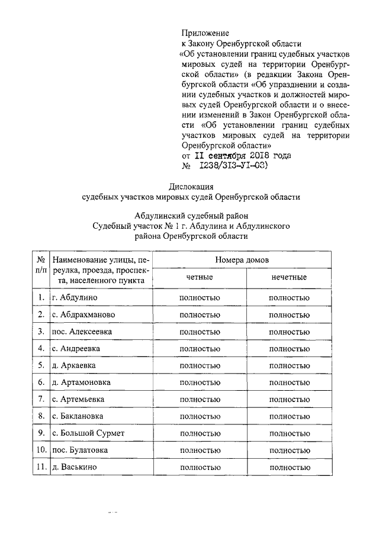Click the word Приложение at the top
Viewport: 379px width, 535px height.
click(205, 33)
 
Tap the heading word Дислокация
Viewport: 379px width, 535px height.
click(191, 186)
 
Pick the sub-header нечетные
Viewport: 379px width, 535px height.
click(289, 277)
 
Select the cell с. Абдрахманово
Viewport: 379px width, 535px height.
click(83, 314)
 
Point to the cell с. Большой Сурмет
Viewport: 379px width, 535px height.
click(88, 433)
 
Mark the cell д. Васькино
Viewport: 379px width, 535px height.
click(75, 468)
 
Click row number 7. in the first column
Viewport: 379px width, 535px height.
click(41, 399)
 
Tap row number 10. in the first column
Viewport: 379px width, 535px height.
click(41, 450)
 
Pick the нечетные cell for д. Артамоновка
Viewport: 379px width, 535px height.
click(289, 382)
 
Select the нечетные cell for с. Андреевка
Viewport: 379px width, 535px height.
click(289, 349)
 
